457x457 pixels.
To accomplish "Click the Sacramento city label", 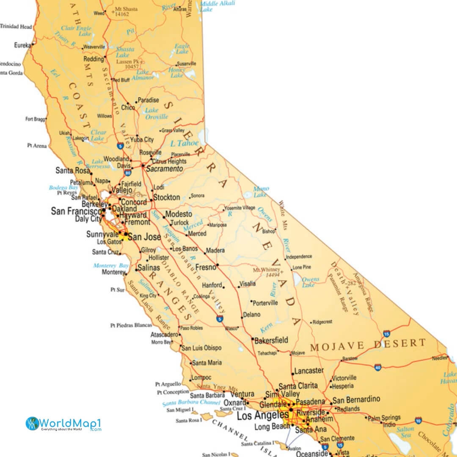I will tap(164, 169).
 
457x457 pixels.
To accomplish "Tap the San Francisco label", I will tap(76, 211).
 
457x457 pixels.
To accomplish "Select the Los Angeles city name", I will tap(262, 416).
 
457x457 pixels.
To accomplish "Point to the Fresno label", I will tap(206, 267).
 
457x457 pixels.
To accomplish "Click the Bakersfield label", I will tap(272, 340).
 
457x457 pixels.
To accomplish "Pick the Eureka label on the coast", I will tap(22, 45).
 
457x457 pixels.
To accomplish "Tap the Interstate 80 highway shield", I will tap(127, 173).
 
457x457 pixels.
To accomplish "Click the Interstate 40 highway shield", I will tap(377, 367).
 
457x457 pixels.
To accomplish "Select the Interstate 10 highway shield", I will tap(418, 420).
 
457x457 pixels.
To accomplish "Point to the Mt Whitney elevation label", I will tap(267, 272).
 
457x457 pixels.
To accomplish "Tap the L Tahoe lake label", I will tap(184, 143).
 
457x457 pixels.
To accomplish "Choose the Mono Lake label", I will tap(261, 192).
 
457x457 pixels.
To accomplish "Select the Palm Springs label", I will tap(384, 418).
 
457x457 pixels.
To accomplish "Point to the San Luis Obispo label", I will tap(201, 348).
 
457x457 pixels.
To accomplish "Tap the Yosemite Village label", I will tap(240, 208).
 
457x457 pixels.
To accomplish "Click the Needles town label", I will tap(439, 358).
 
